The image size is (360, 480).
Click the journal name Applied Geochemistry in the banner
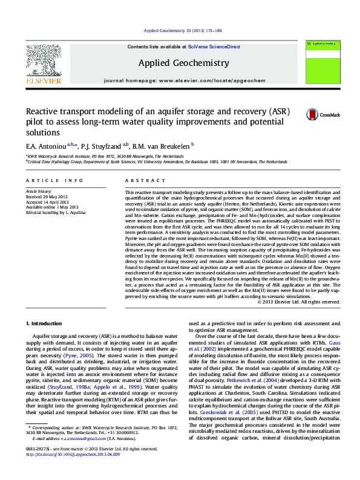(x=183, y=63)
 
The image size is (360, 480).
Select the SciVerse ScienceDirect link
(x=214, y=47)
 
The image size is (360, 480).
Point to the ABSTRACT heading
(x=140, y=181)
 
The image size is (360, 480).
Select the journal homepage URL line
(x=185, y=80)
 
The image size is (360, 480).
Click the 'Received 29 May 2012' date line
(x=50, y=196)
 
